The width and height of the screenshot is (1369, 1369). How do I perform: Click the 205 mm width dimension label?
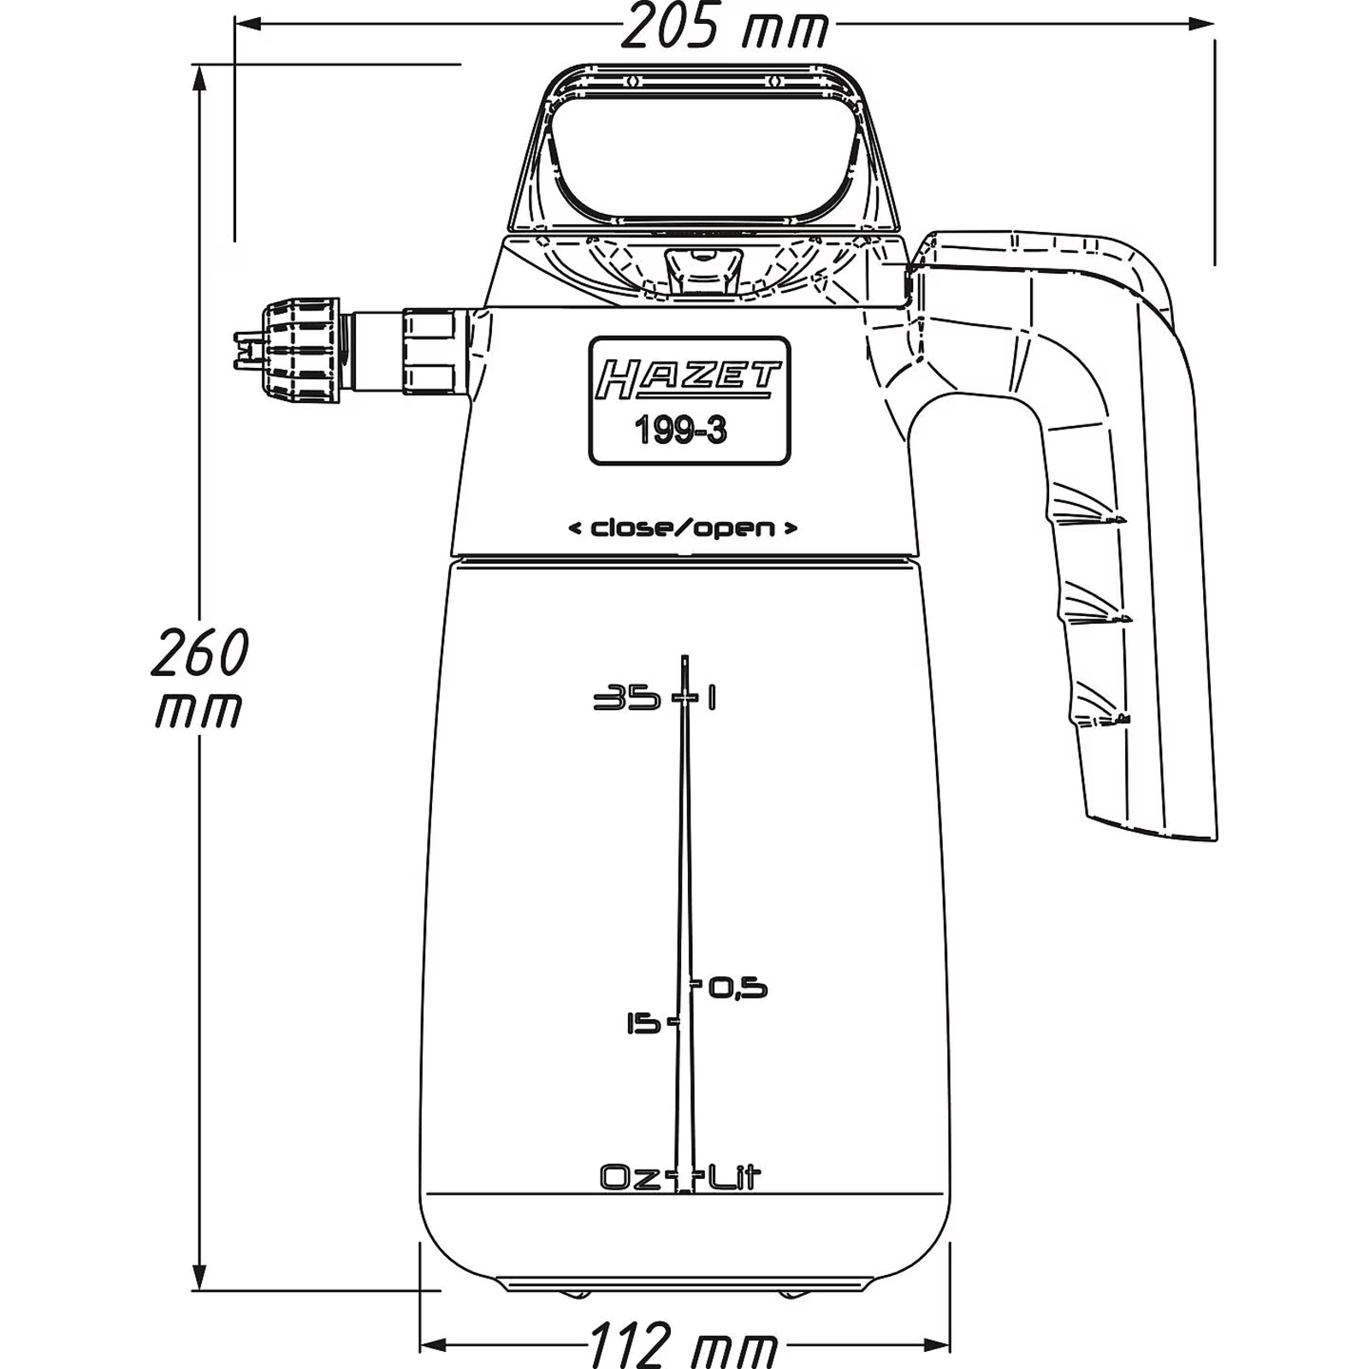click(x=724, y=27)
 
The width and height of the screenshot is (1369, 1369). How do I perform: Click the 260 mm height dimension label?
click(x=199, y=677)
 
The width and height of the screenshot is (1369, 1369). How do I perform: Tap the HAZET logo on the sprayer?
click(x=689, y=379)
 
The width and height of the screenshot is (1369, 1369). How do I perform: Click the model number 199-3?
click(x=680, y=430)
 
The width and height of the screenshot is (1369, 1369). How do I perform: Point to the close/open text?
click(x=683, y=528)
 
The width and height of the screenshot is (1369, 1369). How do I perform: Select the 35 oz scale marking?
click(x=627, y=698)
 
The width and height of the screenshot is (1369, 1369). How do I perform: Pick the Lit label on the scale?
click(x=732, y=1178)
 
